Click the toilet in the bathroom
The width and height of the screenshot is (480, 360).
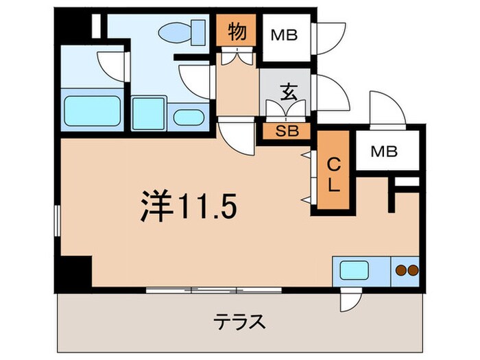click(x=182, y=31)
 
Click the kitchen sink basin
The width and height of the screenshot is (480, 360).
click(x=354, y=269)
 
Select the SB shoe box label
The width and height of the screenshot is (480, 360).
click(x=287, y=130)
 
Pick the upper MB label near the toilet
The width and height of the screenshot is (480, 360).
click(x=283, y=34)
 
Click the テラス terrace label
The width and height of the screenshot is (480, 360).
click(x=240, y=321)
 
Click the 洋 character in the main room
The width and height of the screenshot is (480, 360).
click(x=156, y=204)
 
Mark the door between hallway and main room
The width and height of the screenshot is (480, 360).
click(x=233, y=134)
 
